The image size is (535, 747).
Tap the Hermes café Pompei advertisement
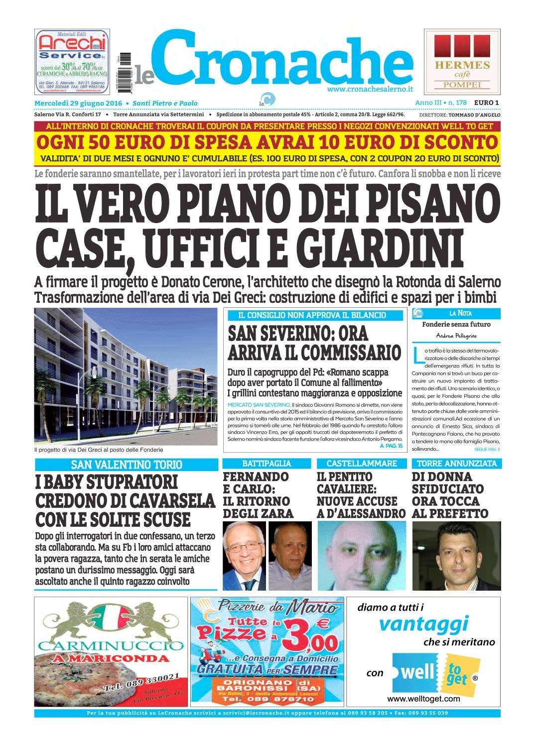tap(462, 61)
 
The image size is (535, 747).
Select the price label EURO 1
tap(486, 103)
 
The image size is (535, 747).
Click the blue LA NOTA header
tap(460, 313)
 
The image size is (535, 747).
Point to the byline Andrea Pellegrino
tap(456, 336)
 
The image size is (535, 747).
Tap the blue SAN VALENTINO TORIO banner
tap(126, 465)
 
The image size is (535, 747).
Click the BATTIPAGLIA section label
tap(267, 464)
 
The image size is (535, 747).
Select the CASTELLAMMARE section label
tap(362, 464)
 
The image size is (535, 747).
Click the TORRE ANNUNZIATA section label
tap(456, 464)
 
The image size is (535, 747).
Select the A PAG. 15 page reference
tap(391, 446)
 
